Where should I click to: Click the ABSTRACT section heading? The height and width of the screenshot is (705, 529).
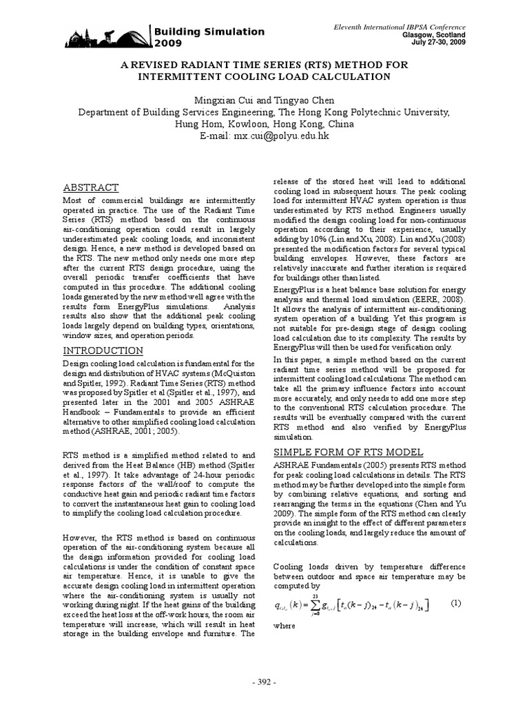[91, 187]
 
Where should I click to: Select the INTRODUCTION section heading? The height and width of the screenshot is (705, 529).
[103, 350]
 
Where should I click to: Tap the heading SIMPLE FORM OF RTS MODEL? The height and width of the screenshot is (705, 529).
[349, 452]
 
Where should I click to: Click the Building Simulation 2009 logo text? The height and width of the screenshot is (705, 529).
[208, 37]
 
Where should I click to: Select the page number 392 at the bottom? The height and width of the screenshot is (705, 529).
[264, 682]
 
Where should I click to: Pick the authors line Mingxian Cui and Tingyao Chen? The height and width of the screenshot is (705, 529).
[264, 101]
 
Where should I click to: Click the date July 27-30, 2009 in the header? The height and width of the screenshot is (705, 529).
[437, 42]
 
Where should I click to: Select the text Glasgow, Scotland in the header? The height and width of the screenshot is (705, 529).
[434, 34]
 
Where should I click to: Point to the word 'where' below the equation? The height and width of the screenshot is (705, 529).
[284, 627]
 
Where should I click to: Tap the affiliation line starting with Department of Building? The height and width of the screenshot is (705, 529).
[264, 112]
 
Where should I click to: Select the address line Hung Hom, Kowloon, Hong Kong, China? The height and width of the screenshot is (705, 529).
[264, 124]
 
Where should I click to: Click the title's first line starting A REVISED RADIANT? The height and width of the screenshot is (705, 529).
[264, 65]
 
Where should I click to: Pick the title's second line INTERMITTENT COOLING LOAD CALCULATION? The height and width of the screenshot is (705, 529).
[264, 76]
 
